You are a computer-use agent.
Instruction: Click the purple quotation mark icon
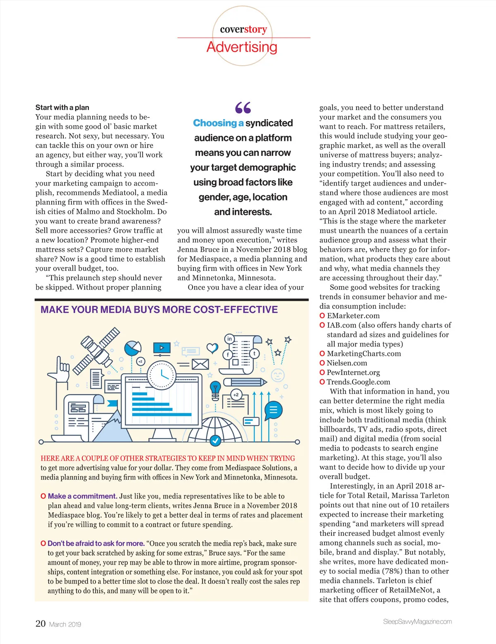(243, 108)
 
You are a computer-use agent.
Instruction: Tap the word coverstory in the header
(243, 29)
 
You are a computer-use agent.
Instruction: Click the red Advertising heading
(242, 47)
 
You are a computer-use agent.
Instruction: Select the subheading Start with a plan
(62, 107)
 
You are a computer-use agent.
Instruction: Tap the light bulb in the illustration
(215, 390)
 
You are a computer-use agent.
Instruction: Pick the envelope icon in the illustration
(200, 364)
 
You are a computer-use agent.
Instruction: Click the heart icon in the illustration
(212, 348)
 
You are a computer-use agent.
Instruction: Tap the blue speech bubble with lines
(273, 410)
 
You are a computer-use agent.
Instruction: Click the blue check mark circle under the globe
(215, 441)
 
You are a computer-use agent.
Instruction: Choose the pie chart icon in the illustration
(133, 348)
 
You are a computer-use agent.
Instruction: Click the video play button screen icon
(162, 348)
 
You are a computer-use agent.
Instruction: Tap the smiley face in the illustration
(278, 375)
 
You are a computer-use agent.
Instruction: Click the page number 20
(41, 623)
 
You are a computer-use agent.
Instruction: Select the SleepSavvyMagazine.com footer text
(417, 622)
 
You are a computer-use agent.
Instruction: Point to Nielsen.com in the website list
(347, 363)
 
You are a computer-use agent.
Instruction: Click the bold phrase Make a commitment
(82, 496)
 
